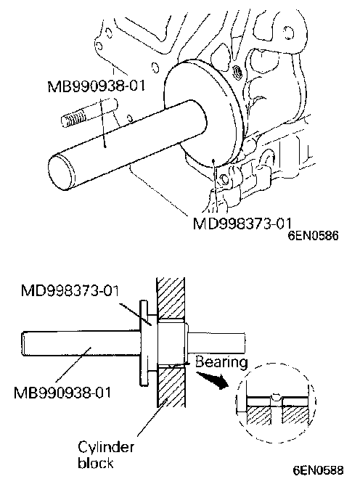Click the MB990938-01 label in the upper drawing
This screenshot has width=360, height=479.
[96, 86]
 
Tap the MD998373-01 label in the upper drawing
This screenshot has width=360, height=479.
[242, 224]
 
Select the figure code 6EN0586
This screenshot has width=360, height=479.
[314, 236]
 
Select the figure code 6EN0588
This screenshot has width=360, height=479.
[318, 470]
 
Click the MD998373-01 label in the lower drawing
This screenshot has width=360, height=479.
[70, 290]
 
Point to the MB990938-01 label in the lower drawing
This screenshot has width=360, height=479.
[62, 392]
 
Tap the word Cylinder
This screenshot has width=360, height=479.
[106, 448]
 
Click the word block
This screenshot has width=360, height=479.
[96, 463]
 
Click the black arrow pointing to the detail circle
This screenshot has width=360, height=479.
[213, 379]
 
